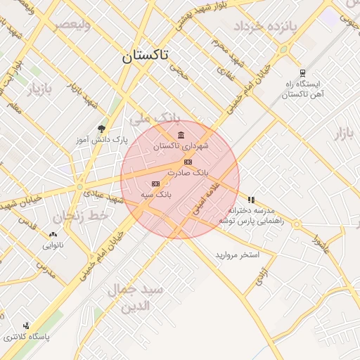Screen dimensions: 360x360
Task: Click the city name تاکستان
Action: [x=148, y=57]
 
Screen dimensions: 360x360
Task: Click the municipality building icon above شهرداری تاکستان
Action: [x=181, y=135]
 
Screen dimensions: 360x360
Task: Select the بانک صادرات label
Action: [x=188, y=172]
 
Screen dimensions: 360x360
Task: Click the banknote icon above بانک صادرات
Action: [x=188, y=162]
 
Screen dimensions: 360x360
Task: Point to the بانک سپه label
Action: [x=156, y=193]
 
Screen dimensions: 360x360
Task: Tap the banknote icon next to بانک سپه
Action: [x=155, y=184]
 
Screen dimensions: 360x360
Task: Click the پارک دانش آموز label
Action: [x=102, y=140]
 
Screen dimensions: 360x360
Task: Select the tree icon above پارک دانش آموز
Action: [x=102, y=129]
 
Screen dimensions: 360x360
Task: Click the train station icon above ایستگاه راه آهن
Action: [x=302, y=72]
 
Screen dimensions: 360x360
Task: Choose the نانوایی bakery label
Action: [x=53, y=245]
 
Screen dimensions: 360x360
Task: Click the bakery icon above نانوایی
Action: [x=53, y=235]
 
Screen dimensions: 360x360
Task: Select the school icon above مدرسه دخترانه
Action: [x=251, y=200]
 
